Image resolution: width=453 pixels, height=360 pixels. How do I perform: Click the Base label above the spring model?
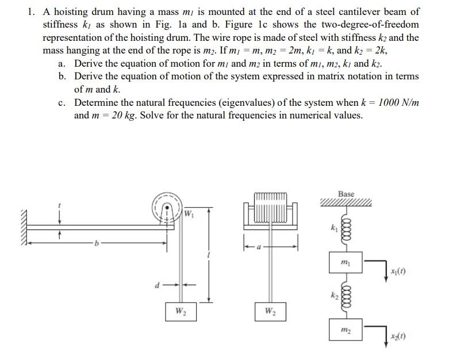point(346,194)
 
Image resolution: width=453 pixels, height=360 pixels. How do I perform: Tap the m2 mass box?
point(345,330)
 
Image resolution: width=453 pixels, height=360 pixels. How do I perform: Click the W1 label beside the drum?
point(189,215)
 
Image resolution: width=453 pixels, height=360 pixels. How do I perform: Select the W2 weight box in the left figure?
point(181,312)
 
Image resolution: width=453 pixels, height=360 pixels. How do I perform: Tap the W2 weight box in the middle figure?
point(270,312)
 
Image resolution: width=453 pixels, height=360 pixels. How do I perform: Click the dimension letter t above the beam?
point(59,205)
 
